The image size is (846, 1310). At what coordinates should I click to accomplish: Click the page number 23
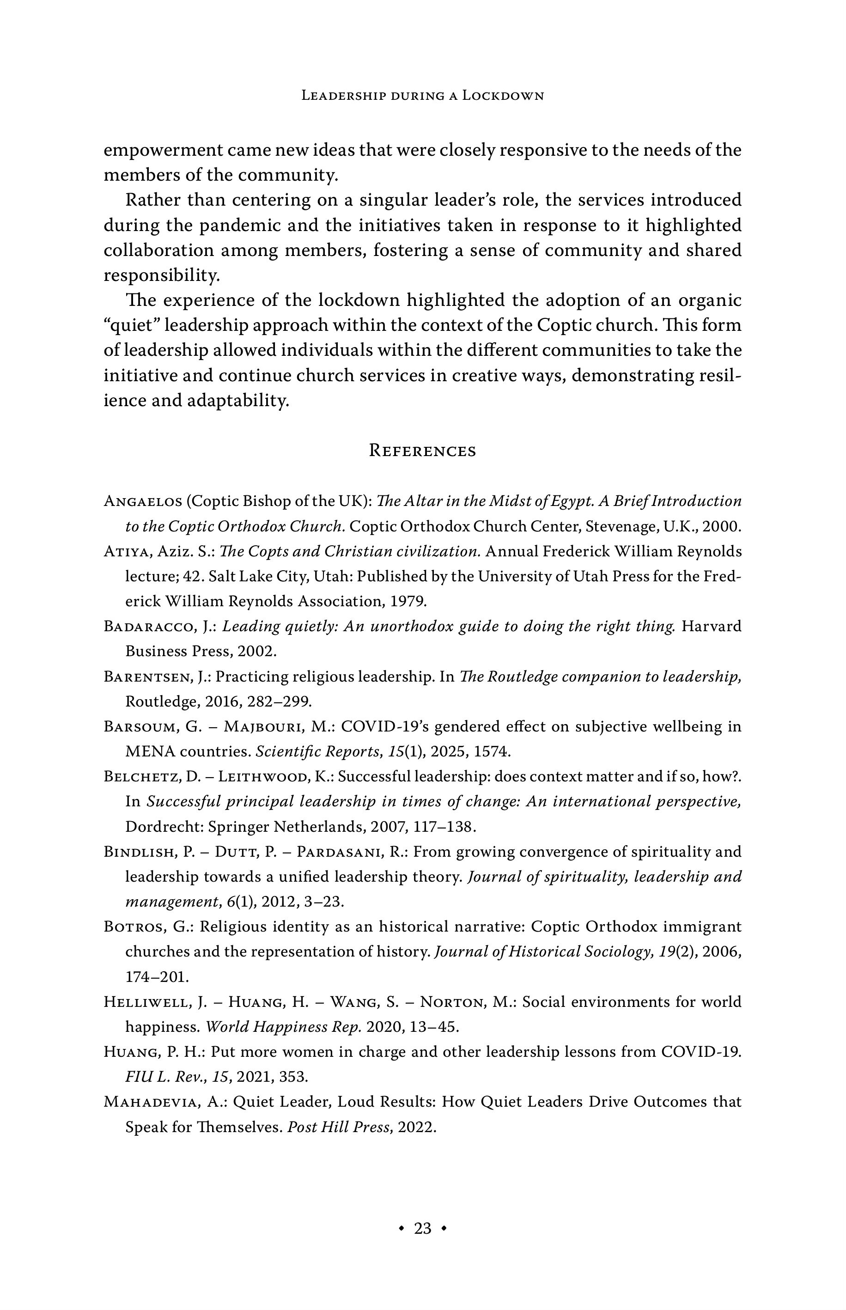click(422, 1228)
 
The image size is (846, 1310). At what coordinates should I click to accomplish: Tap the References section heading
click(422, 451)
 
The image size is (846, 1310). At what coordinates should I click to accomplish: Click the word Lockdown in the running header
click(503, 96)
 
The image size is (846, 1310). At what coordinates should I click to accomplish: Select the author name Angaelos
click(142, 501)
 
